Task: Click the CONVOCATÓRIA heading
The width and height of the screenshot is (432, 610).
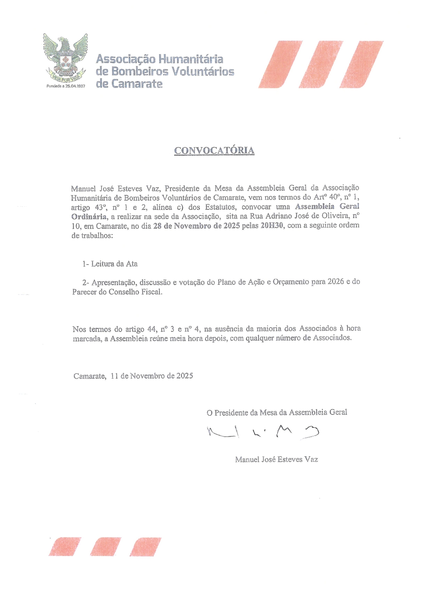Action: click(214, 151)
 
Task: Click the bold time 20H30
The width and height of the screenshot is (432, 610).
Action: click(272, 226)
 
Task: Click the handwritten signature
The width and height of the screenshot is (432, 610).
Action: click(263, 432)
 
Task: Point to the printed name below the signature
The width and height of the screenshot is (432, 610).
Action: click(276, 459)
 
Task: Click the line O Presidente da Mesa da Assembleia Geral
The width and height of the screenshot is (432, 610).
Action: click(277, 413)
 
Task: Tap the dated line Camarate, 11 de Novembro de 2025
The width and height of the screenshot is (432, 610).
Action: click(133, 376)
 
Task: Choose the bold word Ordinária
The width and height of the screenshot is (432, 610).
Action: click(89, 217)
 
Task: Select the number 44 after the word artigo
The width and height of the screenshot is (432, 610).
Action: click(152, 329)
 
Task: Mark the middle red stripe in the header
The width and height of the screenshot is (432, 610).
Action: click(320, 64)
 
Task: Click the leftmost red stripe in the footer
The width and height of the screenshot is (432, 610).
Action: click(65, 547)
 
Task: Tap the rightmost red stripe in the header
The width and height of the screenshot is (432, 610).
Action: click(361, 64)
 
